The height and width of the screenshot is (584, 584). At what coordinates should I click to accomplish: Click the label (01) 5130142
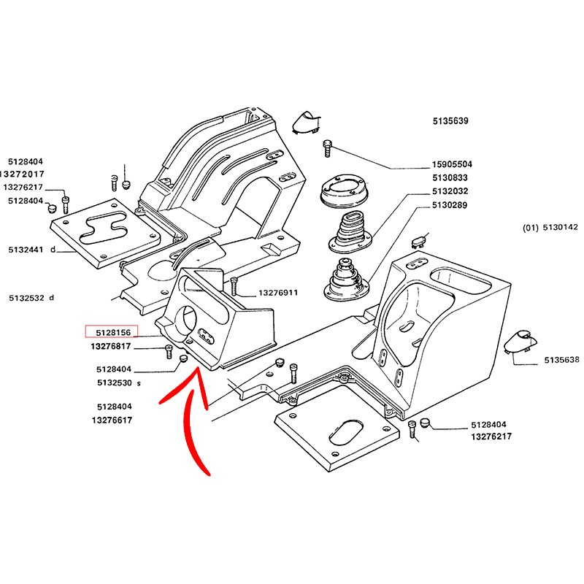pyautogui.click(x=550, y=228)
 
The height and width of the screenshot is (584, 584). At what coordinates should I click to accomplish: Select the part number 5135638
pyautogui.click(x=562, y=360)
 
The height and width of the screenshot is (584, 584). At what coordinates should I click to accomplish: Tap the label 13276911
pyautogui.click(x=278, y=293)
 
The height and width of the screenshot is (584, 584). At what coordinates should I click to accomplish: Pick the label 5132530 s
pyautogui.click(x=118, y=383)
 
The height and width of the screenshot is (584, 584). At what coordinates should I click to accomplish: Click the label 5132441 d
pyautogui.click(x=32, y=249)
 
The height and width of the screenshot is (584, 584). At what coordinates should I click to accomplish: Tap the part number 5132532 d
pyautogui.click(x=32, y=298)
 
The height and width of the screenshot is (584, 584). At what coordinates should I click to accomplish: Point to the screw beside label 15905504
pyautogui.click(x=328, y=148)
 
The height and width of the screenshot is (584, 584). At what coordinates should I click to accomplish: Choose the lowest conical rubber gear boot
pyautogui.click(x=344, y=281)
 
